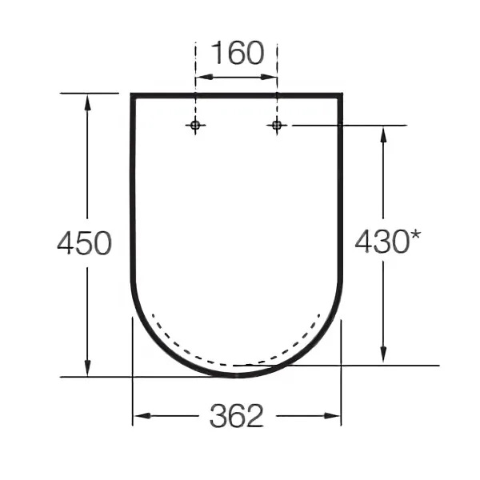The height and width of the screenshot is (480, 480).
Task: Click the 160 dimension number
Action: click(238, 53)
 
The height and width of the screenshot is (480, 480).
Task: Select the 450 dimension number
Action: click(85, 243)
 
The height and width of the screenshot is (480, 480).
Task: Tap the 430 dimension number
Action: click(382, 242)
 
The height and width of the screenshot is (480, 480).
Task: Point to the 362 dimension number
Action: click(236, 415)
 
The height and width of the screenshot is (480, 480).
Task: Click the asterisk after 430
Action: click(415, 237)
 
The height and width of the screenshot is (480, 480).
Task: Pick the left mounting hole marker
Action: click(195, 125)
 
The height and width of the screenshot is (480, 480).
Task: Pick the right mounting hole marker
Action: click(277, 125)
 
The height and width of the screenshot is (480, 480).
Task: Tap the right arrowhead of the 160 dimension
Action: click(269, 77)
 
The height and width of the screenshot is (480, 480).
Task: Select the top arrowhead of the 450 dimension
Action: click(87, 102)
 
